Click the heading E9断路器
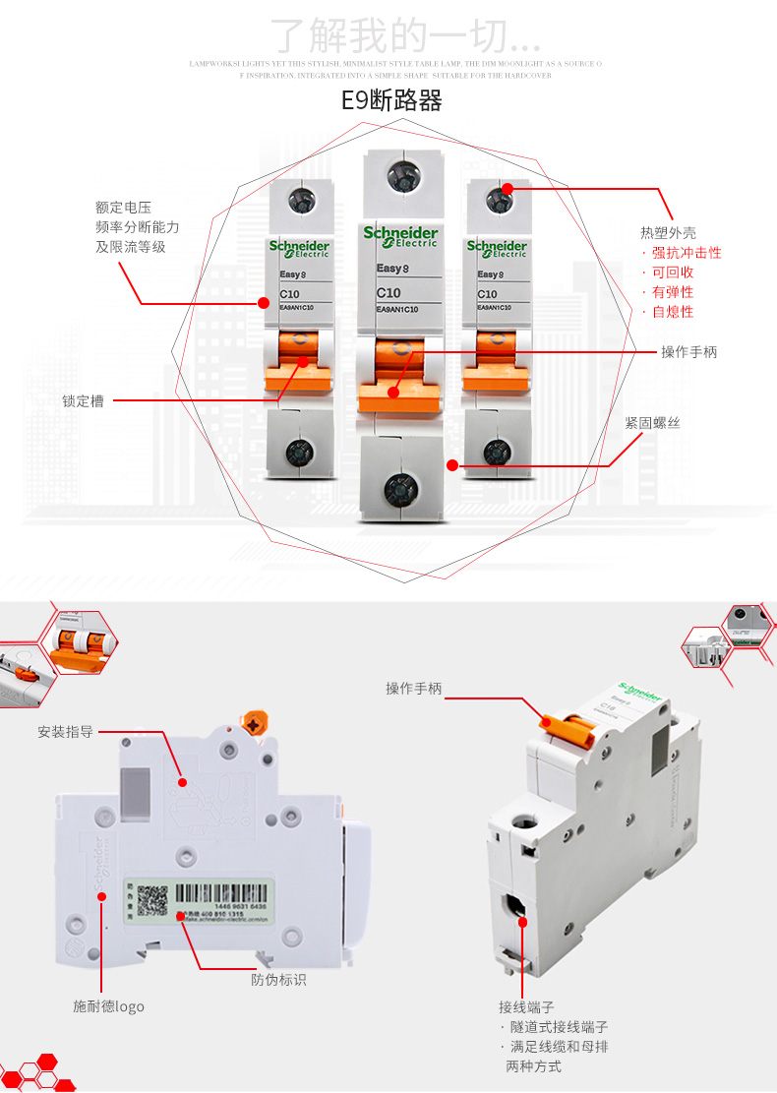tap(390, 101)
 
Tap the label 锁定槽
tap(83, 401)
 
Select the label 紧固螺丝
tap(652, 423)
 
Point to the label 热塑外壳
tap(668, 233)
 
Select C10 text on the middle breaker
tap(388, 293)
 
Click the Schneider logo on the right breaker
tap(497, 248)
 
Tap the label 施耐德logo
tap(108, 1006)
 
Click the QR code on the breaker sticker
tap(152, 901)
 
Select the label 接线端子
tap(526, 1007)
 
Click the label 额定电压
tap(123, 208)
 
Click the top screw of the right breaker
tap(499, 200)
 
